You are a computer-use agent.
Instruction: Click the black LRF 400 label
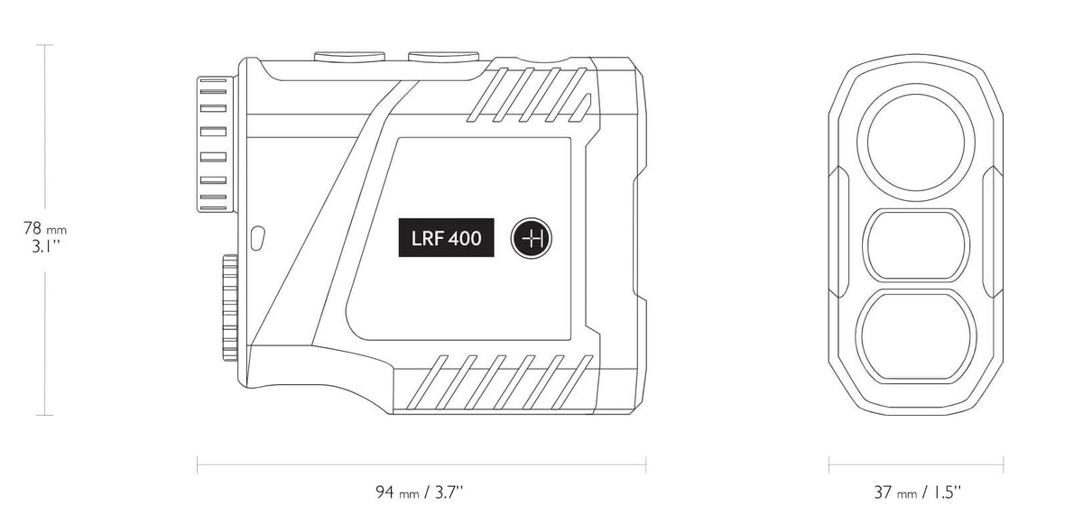coord(448,240)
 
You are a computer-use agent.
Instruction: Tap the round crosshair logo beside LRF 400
coord(533,240)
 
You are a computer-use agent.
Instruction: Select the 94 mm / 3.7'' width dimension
coord(421,491)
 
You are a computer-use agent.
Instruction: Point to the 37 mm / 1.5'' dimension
coord(917,491)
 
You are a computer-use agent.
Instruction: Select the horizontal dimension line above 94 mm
coord(421,466)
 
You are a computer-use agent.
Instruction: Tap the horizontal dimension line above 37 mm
coord(917,466)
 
